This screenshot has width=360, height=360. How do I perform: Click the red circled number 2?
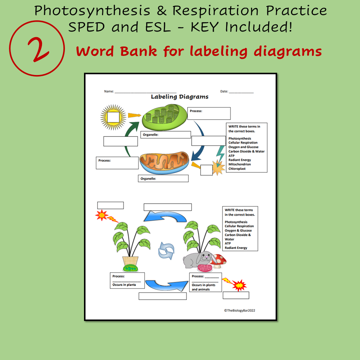(34, 49)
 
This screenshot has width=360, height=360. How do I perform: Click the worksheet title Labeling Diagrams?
(179, 97)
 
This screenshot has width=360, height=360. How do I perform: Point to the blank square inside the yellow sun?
(113, 117)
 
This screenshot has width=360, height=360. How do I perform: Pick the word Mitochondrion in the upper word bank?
(240, 164)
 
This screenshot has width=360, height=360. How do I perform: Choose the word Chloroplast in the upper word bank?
(237, 169)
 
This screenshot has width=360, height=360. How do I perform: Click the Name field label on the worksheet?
(109, 91)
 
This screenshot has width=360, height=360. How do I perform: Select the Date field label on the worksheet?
(224, 91)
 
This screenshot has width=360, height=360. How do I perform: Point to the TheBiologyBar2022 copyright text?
(240, 310)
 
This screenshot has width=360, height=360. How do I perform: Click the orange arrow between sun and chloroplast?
(134, 116)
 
